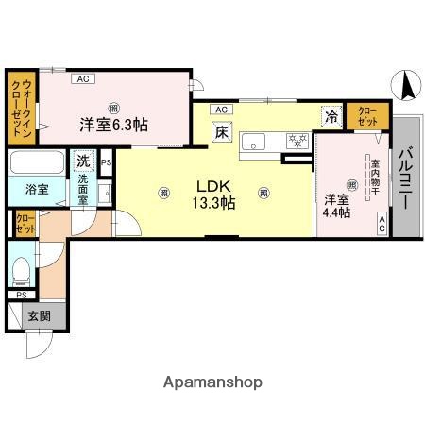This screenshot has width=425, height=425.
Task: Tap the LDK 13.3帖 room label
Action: [214, 193]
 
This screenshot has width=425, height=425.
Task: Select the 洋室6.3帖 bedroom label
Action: [112, 125]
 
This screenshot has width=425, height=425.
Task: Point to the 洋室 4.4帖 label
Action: [337, 206]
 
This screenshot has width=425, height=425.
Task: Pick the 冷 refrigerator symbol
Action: [331, 116]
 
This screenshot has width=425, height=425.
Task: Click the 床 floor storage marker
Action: [221, 133]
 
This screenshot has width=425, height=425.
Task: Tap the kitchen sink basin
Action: [255, 143]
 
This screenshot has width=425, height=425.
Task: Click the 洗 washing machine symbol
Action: [83, 161]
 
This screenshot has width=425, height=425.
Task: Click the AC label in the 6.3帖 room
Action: [82, 79]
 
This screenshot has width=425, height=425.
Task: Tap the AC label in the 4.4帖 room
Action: [382, 223]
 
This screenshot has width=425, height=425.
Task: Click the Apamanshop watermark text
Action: [214, 382]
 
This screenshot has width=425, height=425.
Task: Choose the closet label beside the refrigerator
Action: [366, 117]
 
